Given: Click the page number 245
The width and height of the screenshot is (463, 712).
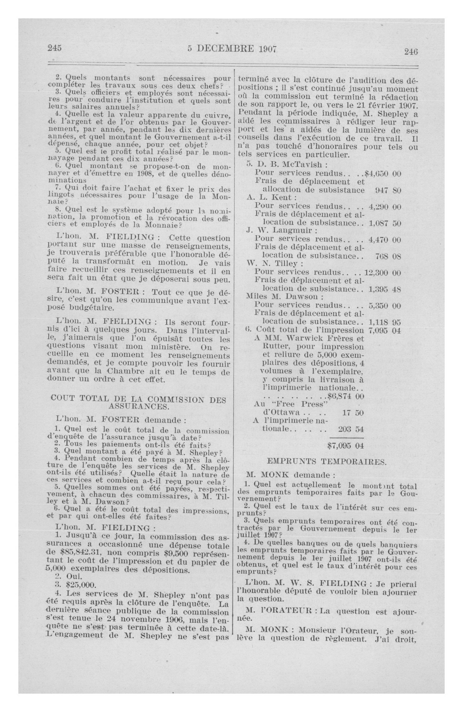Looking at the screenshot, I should pos(54,48).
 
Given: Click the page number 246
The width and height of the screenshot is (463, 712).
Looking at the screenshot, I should pos(411,51).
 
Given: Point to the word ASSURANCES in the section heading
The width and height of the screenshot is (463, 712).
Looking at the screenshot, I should pos(139,406).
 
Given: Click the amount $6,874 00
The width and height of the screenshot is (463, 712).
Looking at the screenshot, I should pos(346,396).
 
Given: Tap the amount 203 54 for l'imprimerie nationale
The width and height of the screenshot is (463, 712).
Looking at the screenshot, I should pos(351,429).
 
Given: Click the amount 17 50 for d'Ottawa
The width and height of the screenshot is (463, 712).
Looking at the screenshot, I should pos(352,413).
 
